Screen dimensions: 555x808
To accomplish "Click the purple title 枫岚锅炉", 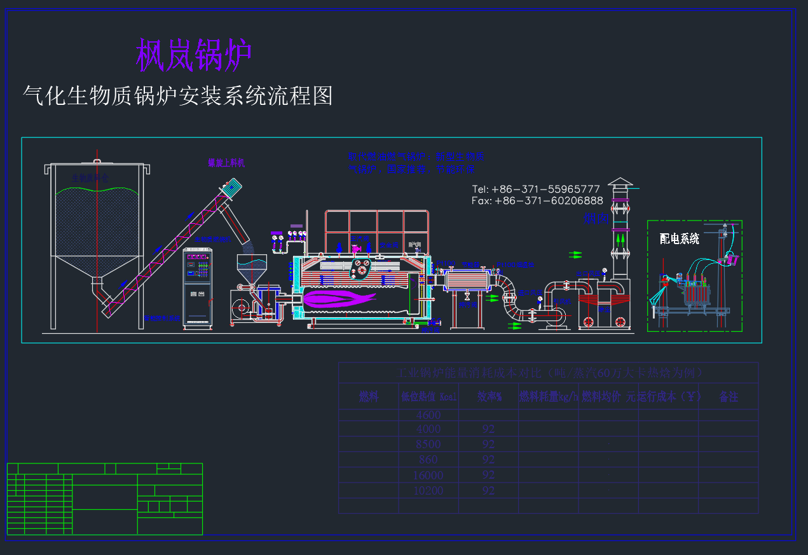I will (x=194, y=55).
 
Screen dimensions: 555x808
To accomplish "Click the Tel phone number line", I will (x=536, y=189).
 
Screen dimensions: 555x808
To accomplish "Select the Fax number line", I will (x=537, y=201).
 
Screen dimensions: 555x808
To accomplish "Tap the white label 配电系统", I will (x=680, y=238).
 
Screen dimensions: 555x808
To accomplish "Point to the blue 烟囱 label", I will (x=596, y=219).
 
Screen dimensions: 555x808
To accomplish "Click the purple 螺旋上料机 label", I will (x=226, y=163).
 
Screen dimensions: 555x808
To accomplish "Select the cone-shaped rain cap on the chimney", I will (x=620, y=182).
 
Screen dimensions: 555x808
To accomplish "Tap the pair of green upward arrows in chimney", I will (x=620, y=241).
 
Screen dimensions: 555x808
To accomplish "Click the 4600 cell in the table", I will (x=428, y=415).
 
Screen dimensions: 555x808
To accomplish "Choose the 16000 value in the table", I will (x=428, y=475).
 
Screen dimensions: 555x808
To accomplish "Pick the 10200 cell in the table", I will (x=428, y=490).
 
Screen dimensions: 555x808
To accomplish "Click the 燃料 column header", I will (x=369, y=397).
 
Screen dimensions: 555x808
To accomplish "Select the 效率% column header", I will (x=490, y=397).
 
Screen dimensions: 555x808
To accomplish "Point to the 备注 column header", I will (x=729, y=397).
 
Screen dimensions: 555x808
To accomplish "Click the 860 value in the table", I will (x=428, y=459).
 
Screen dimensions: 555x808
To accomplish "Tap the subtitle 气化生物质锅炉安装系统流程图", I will (x=177, y=96).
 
